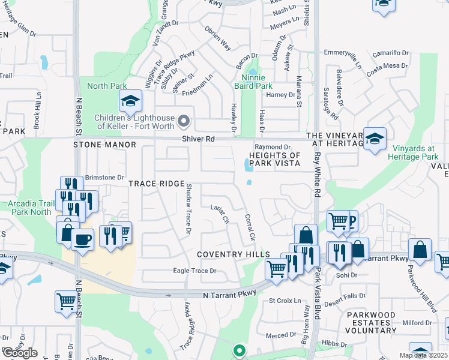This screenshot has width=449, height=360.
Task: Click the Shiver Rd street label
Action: click(199, 139)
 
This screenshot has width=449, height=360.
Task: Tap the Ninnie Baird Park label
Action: click(257, 82)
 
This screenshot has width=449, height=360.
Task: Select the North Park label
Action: click(106, 86)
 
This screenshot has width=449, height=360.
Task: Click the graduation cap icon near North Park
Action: click(130, 103)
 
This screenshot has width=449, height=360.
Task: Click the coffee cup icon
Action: click(82, 239)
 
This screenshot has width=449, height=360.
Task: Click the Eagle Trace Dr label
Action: click(194, 271)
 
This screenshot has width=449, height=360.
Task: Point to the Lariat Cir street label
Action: click(220, 214)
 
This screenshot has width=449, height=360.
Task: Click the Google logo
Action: click(20, 352)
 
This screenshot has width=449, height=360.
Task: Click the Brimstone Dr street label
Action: click(104, 177)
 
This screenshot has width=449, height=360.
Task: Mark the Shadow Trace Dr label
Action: click(188, 209)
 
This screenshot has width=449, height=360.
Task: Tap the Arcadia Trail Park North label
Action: click(29, 208)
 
